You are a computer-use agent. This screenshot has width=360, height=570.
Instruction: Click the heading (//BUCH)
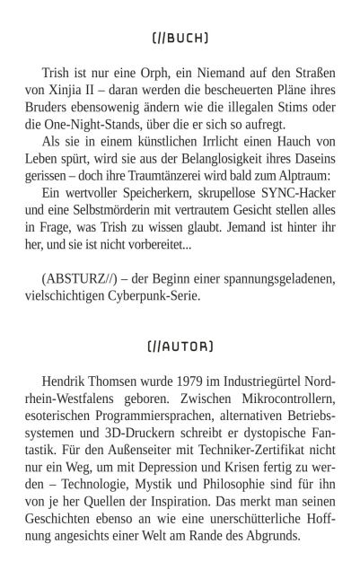[x=180, y=38]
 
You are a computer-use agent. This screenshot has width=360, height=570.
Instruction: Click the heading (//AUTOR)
[x=180, y=346]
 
